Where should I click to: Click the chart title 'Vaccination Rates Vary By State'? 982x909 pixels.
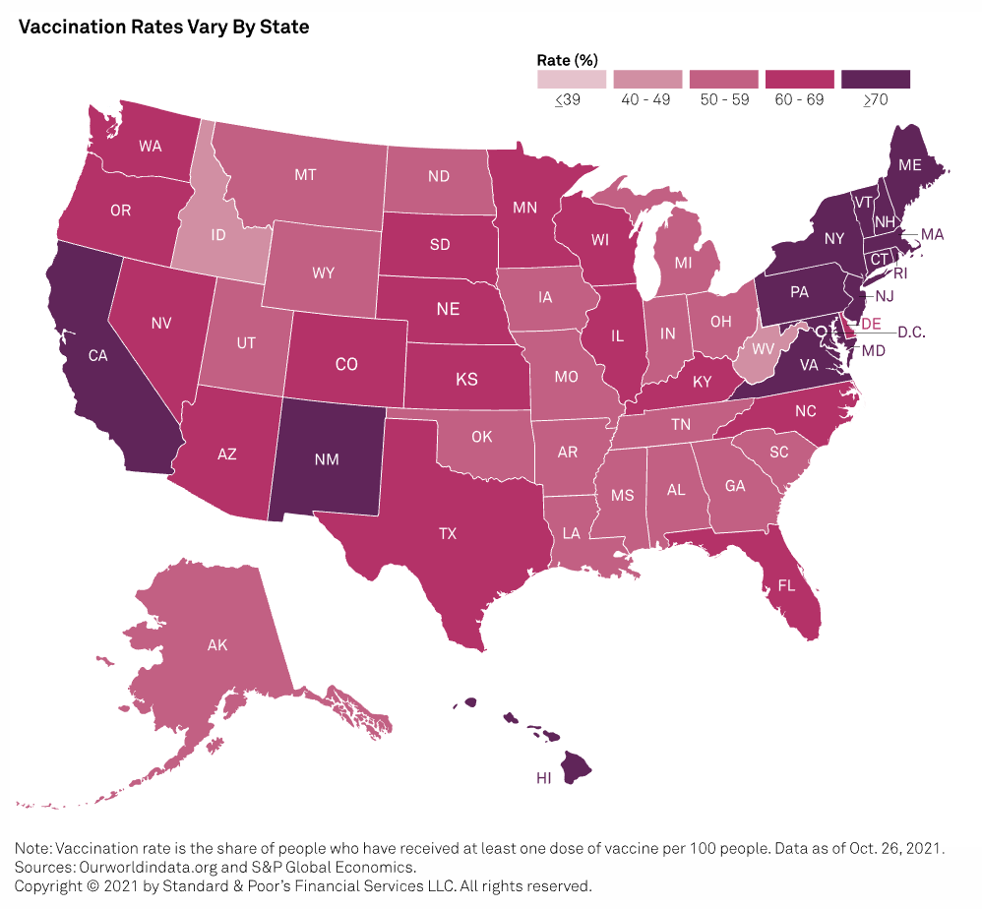[164, 28]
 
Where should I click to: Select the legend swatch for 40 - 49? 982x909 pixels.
[647, 79]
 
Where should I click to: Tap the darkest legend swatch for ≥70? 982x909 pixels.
[876, 79]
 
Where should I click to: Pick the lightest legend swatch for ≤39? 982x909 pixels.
[571, 79]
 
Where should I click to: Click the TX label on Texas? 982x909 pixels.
[448, 533]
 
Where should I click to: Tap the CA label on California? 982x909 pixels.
[97, 356]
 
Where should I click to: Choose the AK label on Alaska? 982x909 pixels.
[217, 646]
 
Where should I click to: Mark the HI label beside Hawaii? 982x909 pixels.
[543, 777]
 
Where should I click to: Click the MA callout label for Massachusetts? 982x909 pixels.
[932, 235]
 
